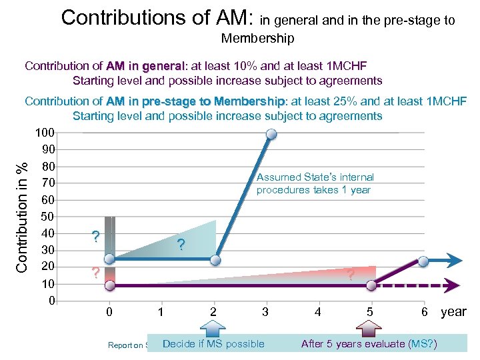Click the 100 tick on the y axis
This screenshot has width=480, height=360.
pyautogui.click(x=45, y=133)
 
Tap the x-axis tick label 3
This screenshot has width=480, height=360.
pyautogui.click(x=265, y=312)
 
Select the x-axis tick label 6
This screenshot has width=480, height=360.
pyautogui.click(x=423, y=312)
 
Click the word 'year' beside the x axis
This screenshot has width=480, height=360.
pyautogui.click(x=453, y=312)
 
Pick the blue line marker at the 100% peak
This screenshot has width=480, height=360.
pyautogui.click(x=271, y=135)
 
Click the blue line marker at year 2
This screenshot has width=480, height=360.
pyautogui.click(x=215, y=259)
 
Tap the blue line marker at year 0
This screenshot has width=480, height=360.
pyautogui.click(x=110, y=259)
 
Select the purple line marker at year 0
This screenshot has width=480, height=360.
pyautogui.click(x=110, y=285)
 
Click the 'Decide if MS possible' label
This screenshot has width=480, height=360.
pyautogui.click(x=213, y=344)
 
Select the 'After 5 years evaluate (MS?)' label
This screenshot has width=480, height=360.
pyautogui.click(x=369, y=344)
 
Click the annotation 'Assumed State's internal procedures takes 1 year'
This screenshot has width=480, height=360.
pyautogui.click(x=315, y=183)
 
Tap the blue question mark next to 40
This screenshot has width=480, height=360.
pyautogui.click(x=96, y=237)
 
